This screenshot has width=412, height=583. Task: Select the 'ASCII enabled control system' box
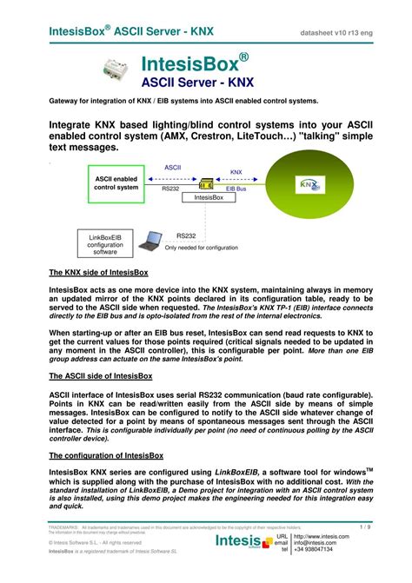[x=116, y=182]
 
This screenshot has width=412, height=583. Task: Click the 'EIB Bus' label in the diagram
[x=236, y=188]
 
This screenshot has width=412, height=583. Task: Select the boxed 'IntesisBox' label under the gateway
[x=209, y=198]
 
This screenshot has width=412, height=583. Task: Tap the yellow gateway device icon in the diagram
[x=207, y=182]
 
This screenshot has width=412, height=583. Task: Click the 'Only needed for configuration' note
[x=202, y=248]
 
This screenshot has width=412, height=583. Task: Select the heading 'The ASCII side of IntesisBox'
[x=100, y=376]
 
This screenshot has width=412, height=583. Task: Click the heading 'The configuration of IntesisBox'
[x=109, y=455]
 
